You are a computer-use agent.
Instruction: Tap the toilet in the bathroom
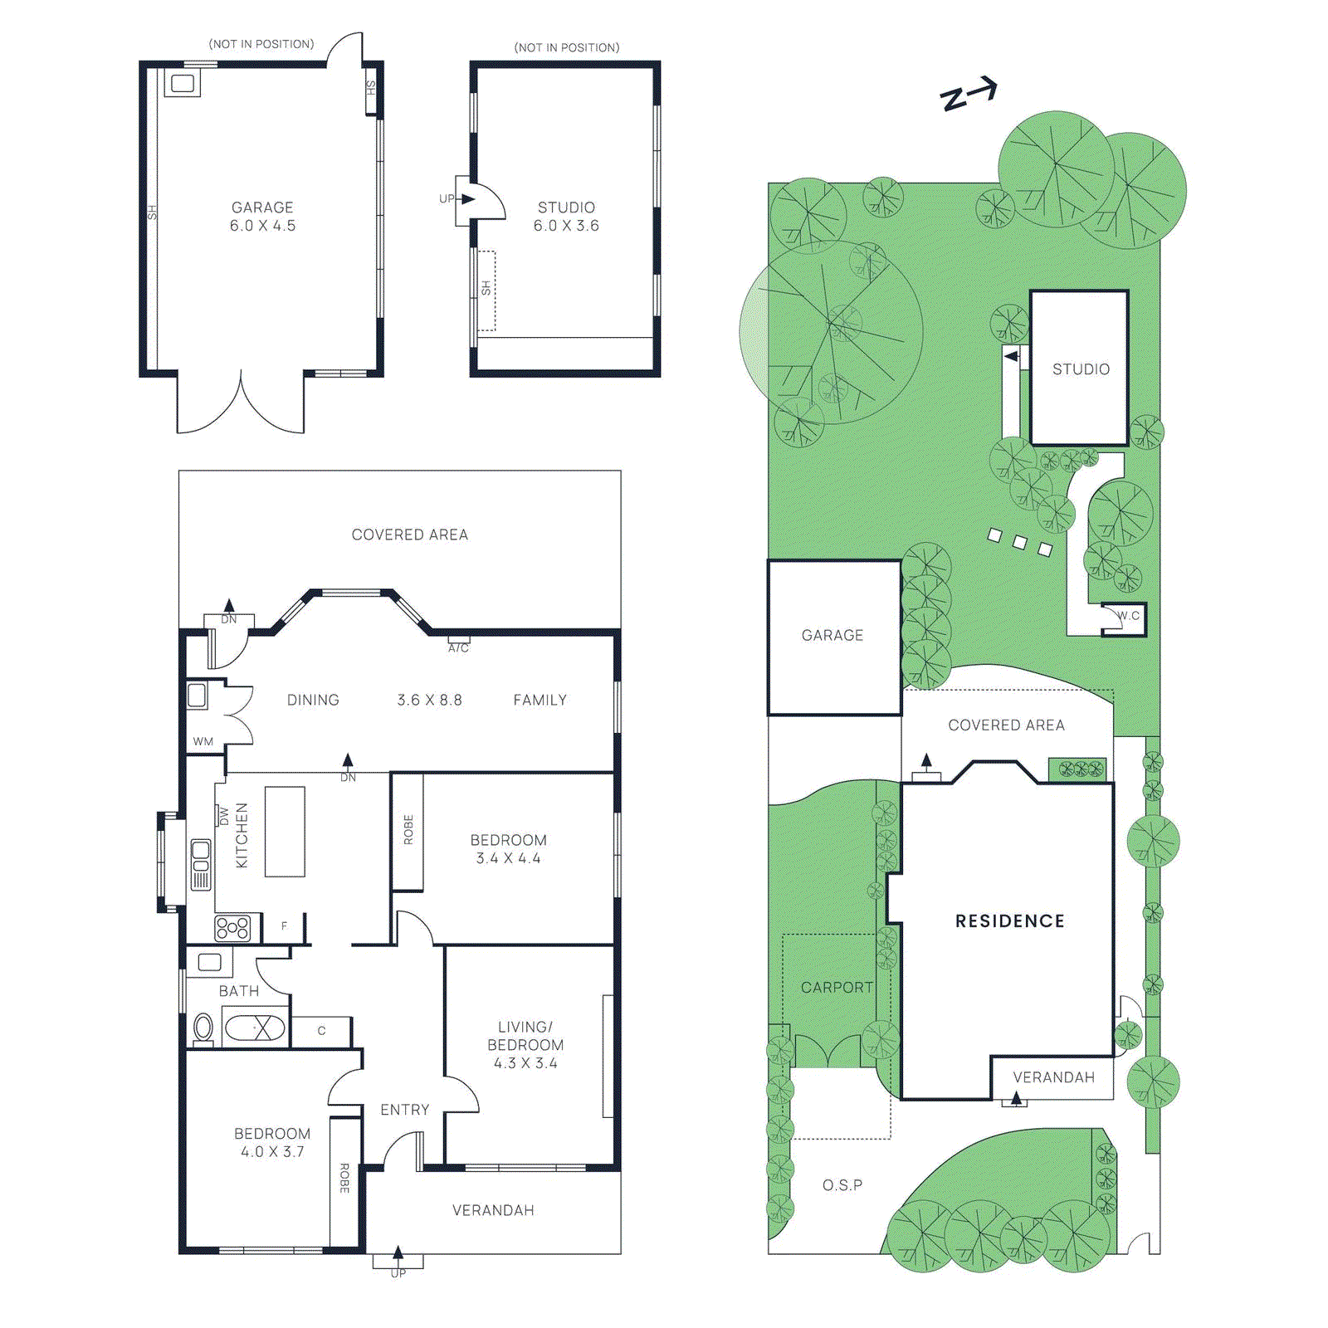(x=203, y=1028)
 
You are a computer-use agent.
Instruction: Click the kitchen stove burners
(x=232, y=927)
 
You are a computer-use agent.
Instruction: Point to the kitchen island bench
(x=285, y=831)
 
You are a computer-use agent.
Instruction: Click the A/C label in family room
(x=458, y=647)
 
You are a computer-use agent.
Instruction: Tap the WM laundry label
(x=203, y=741)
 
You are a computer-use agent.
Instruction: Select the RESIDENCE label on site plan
(x=1009, y=920)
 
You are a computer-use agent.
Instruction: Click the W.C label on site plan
(x=1128, y=616)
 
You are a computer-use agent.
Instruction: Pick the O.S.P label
(x=842, y=1185)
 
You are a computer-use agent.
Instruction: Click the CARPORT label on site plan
(x=837, y=987)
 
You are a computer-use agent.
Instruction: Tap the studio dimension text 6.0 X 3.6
(x=566, y=226)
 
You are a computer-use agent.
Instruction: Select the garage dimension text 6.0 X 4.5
(x=262, y=226)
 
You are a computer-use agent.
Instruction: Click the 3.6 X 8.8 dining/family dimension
(x=429, y=700)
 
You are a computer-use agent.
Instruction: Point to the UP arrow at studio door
(x=466, y=199)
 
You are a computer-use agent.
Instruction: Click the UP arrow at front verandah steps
(x=398, y=1252)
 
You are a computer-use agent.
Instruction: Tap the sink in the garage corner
(x=183, y=83)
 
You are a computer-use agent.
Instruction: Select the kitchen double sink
(x=201, y=863)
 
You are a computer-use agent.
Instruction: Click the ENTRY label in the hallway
(x=405, y=1110)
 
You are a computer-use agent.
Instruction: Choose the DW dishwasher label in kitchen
(x=223, y=817)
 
